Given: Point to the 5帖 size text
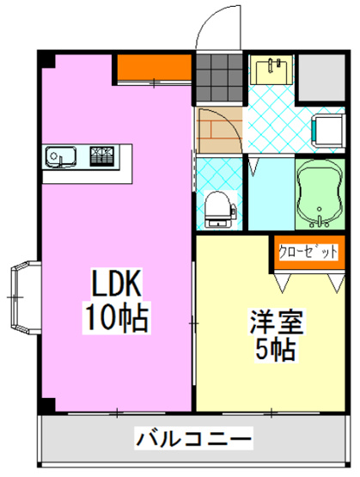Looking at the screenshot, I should click(274, 351).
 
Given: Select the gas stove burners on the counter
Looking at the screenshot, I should click(102, 156).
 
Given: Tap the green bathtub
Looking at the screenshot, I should click(320, 193).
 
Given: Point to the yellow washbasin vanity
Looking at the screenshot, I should click(272, 68).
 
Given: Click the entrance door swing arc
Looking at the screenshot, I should click(209, 26).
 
